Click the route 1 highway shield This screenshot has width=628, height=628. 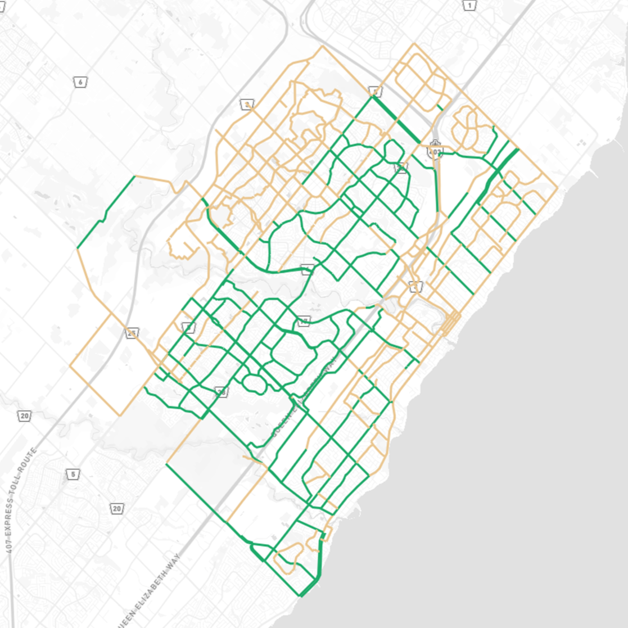[469, 6]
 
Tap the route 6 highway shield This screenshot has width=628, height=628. [80, 82]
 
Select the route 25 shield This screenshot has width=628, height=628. [132, 333]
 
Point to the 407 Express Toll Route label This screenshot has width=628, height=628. [21, 500]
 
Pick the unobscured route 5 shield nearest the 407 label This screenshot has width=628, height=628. [73, 475]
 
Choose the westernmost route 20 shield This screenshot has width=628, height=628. [24, 416]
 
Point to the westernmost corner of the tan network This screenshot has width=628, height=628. [70, 366]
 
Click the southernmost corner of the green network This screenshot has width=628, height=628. [301, 595]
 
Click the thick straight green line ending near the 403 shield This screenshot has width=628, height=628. [397, 120]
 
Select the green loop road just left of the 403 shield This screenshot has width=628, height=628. [394, 151]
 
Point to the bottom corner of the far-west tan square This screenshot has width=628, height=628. [120, 415]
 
